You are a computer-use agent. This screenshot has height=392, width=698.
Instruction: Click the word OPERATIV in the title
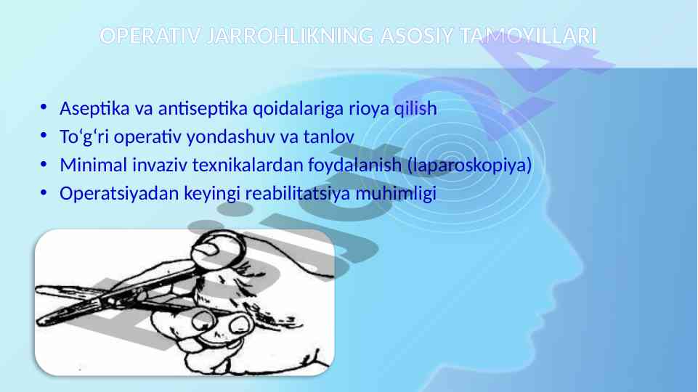click(150, 36)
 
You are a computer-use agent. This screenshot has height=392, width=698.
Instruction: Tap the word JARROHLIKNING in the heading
click(290, 36)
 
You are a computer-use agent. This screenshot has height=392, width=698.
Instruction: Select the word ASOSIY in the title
click(417, 36)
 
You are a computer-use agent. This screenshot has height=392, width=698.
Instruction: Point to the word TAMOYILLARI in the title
click(528, 36)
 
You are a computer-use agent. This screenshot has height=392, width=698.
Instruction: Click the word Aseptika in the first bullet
click(94, 109)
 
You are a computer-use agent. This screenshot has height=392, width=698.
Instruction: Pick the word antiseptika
click(203, 109)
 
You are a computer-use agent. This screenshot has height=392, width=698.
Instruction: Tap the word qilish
click(415, 109)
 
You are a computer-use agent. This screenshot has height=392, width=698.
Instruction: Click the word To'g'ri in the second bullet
click(84, 137)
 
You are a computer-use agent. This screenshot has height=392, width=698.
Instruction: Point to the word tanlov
click(328, 137)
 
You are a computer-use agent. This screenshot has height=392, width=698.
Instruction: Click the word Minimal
click(94, 165)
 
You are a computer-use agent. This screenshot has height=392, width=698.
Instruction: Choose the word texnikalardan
click(248, 165)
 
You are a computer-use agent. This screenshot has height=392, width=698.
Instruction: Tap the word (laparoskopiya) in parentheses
click(470, 166)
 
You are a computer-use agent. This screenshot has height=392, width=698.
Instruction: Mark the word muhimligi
click(396, 194)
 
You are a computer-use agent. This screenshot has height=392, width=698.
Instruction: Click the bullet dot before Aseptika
click(43, 107)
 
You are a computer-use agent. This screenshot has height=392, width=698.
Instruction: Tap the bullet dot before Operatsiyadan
click(43, 192)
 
